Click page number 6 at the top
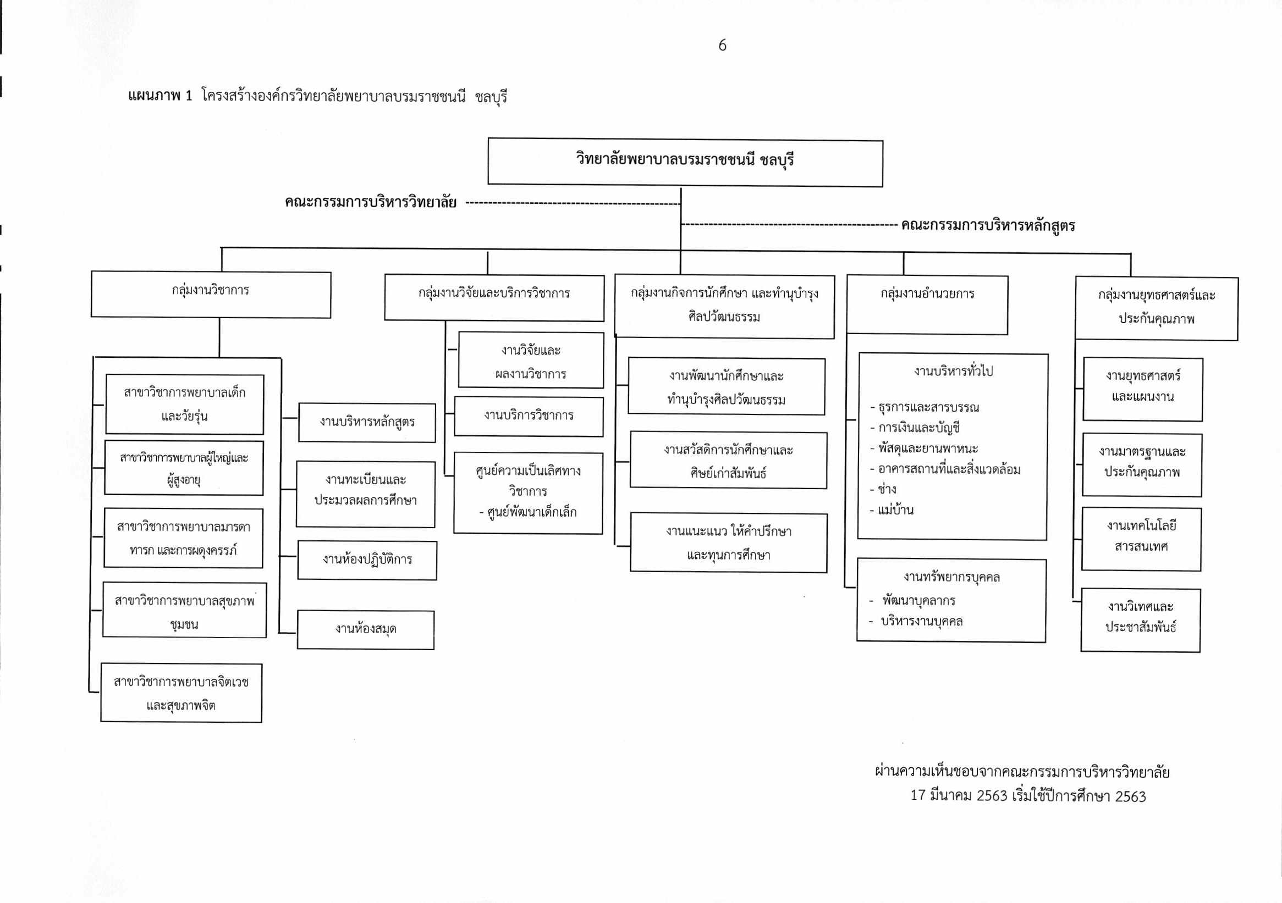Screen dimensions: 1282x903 pyautogui.click(x=722, y=45)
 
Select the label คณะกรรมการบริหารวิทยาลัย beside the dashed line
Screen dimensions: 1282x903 pyautogui.click(x=370, y=202)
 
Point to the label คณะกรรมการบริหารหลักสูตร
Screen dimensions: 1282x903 pyautogui.click(x=988, y=226)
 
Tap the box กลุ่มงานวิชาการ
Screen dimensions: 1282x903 pyautogui.click(x=211, y=295)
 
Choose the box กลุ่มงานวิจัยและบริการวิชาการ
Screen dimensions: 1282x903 pyautogui.click(x=494, y=297)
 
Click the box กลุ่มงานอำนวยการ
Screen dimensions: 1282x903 pyautogui.click(x=927, y=305)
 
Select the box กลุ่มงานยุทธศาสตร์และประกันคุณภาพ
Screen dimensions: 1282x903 pyautogui.click(x=1157, y=308)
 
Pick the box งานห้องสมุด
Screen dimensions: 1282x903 pyautogui.click(x=366, y=629)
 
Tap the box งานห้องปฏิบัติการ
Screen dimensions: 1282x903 pyautogui.click(x=367, y=559)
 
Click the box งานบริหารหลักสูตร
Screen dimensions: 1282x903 pyautogui.click(x=367, y=423)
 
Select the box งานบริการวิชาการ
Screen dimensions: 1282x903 pyautogui.click(x=529, y=417)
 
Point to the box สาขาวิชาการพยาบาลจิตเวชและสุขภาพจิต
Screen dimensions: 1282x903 pyautogui.click(x=181, y=693)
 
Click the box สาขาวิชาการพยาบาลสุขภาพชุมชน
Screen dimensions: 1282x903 pyautogui.click(x=184, y=610)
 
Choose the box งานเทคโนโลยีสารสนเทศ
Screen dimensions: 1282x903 pyautogui.click(x=1141, y=539)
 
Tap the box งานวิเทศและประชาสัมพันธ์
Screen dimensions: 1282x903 pyautogui.click(x=1141, y=620)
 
